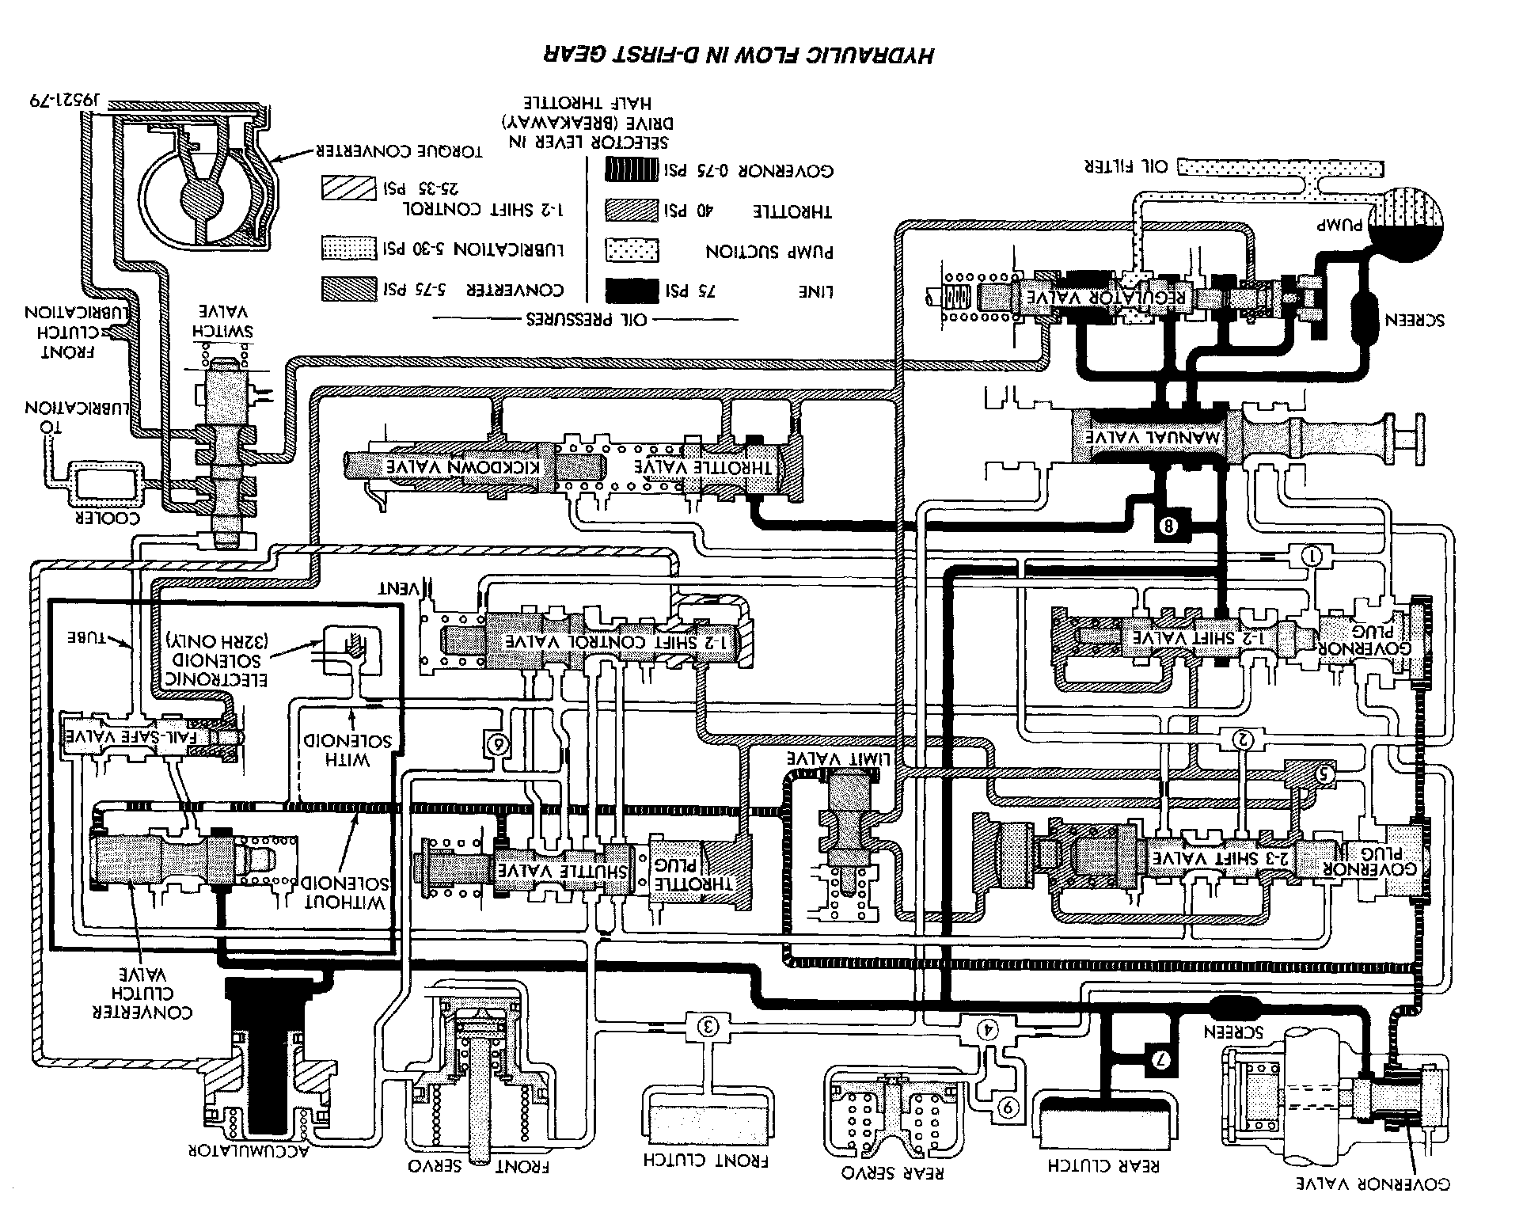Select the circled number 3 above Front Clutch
click(708, 1027)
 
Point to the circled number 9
click(1008, 1108)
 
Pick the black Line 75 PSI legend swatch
click(631, 291)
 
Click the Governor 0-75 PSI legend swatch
click(631, 170)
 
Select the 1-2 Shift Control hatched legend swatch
click(348, 188)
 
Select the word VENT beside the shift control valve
click(401, 589)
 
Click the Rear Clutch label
click(1103, 1165)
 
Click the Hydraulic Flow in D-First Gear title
click(738, 55)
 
